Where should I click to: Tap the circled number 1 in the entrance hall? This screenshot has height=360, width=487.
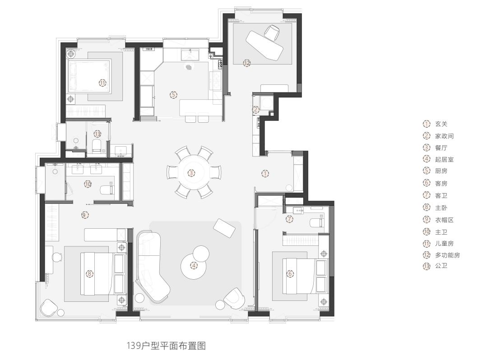point(265,173)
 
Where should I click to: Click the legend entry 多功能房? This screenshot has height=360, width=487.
point(447,255)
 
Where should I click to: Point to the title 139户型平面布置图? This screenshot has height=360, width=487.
point(166,346)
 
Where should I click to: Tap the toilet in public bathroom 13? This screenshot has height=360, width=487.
point(96,146)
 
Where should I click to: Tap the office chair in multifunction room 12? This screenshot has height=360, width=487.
point(272,32)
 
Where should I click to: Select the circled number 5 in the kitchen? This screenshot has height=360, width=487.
point(173,95)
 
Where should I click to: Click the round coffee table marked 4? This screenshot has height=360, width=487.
point(194,265)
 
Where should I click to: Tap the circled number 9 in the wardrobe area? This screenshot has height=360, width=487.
point(85,215)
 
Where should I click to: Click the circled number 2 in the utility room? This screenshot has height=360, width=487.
point(255,109)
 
